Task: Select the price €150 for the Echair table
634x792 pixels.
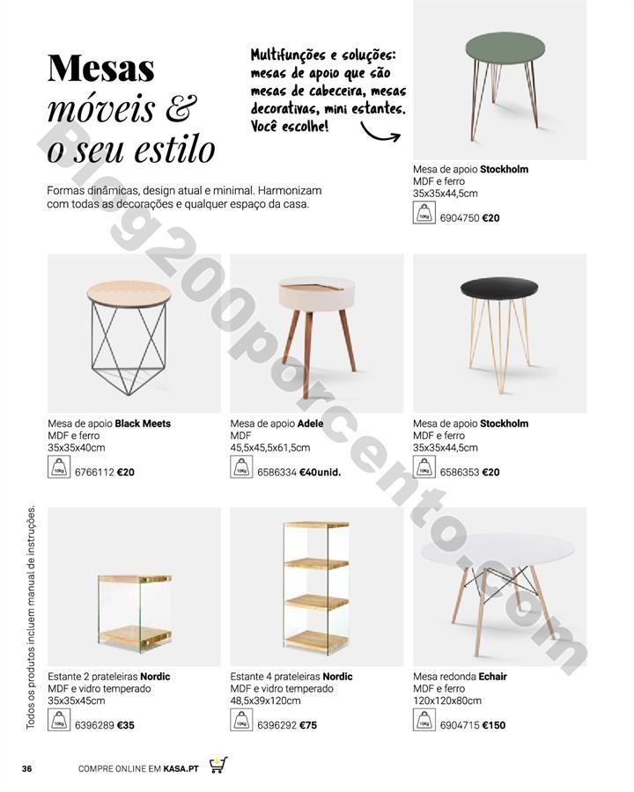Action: pyautogui.click(x=494, y=725)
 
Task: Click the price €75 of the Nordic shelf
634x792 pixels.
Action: pyautogui.click(x=307, y=726)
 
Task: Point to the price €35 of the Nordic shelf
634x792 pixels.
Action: pyautogui.click(x=125, y=726)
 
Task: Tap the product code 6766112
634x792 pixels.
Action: pyautogui.click(x=92, y=473)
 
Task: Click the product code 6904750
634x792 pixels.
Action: pyautogui.click(x=459, y=217)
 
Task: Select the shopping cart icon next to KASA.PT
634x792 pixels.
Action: pyautogui.click(x=218, y=766)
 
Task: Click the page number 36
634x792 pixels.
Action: pyautogui.click(x=26, y=769)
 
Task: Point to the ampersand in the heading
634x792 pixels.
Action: pyautogui.click(x=181, y=108)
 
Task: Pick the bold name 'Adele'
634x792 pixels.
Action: pyautogui.click(x=310, y=423)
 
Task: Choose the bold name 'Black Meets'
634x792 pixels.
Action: pyautogui.click(x=143, y=423)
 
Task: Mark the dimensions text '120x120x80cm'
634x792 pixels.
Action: pyautogui.click(x=447, y=701)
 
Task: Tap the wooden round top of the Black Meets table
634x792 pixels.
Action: pyautogui.click(x=129, y=290)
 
